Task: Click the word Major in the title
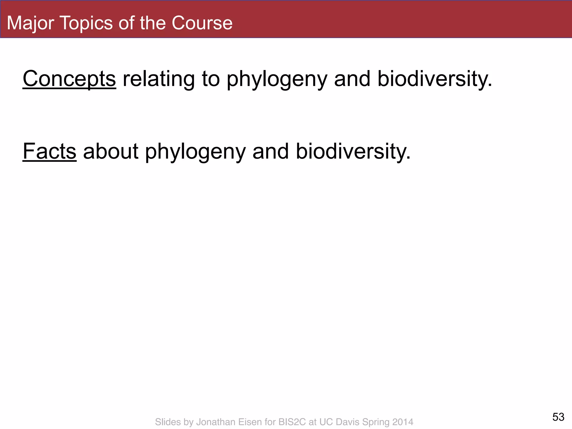pyautogui.click(x=30, y=23)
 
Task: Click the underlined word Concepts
pyautogui.click(x=69, y=79)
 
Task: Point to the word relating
pyautogui.click(x=159, y=79)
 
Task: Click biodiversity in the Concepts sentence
pyautogui.click(x=434, y=79)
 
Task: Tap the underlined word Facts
pyautogui.click(x=49, y=152)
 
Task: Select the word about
pyautogui.click(x=111, y=152)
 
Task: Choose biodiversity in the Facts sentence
pyautogui.click(x=353, y=152)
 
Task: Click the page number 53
pyautogui.click(x=558, y=417)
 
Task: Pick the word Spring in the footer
pyautogui.click(x=376, y=422)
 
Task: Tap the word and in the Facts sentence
pyautogui.click(x=270, y=152)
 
